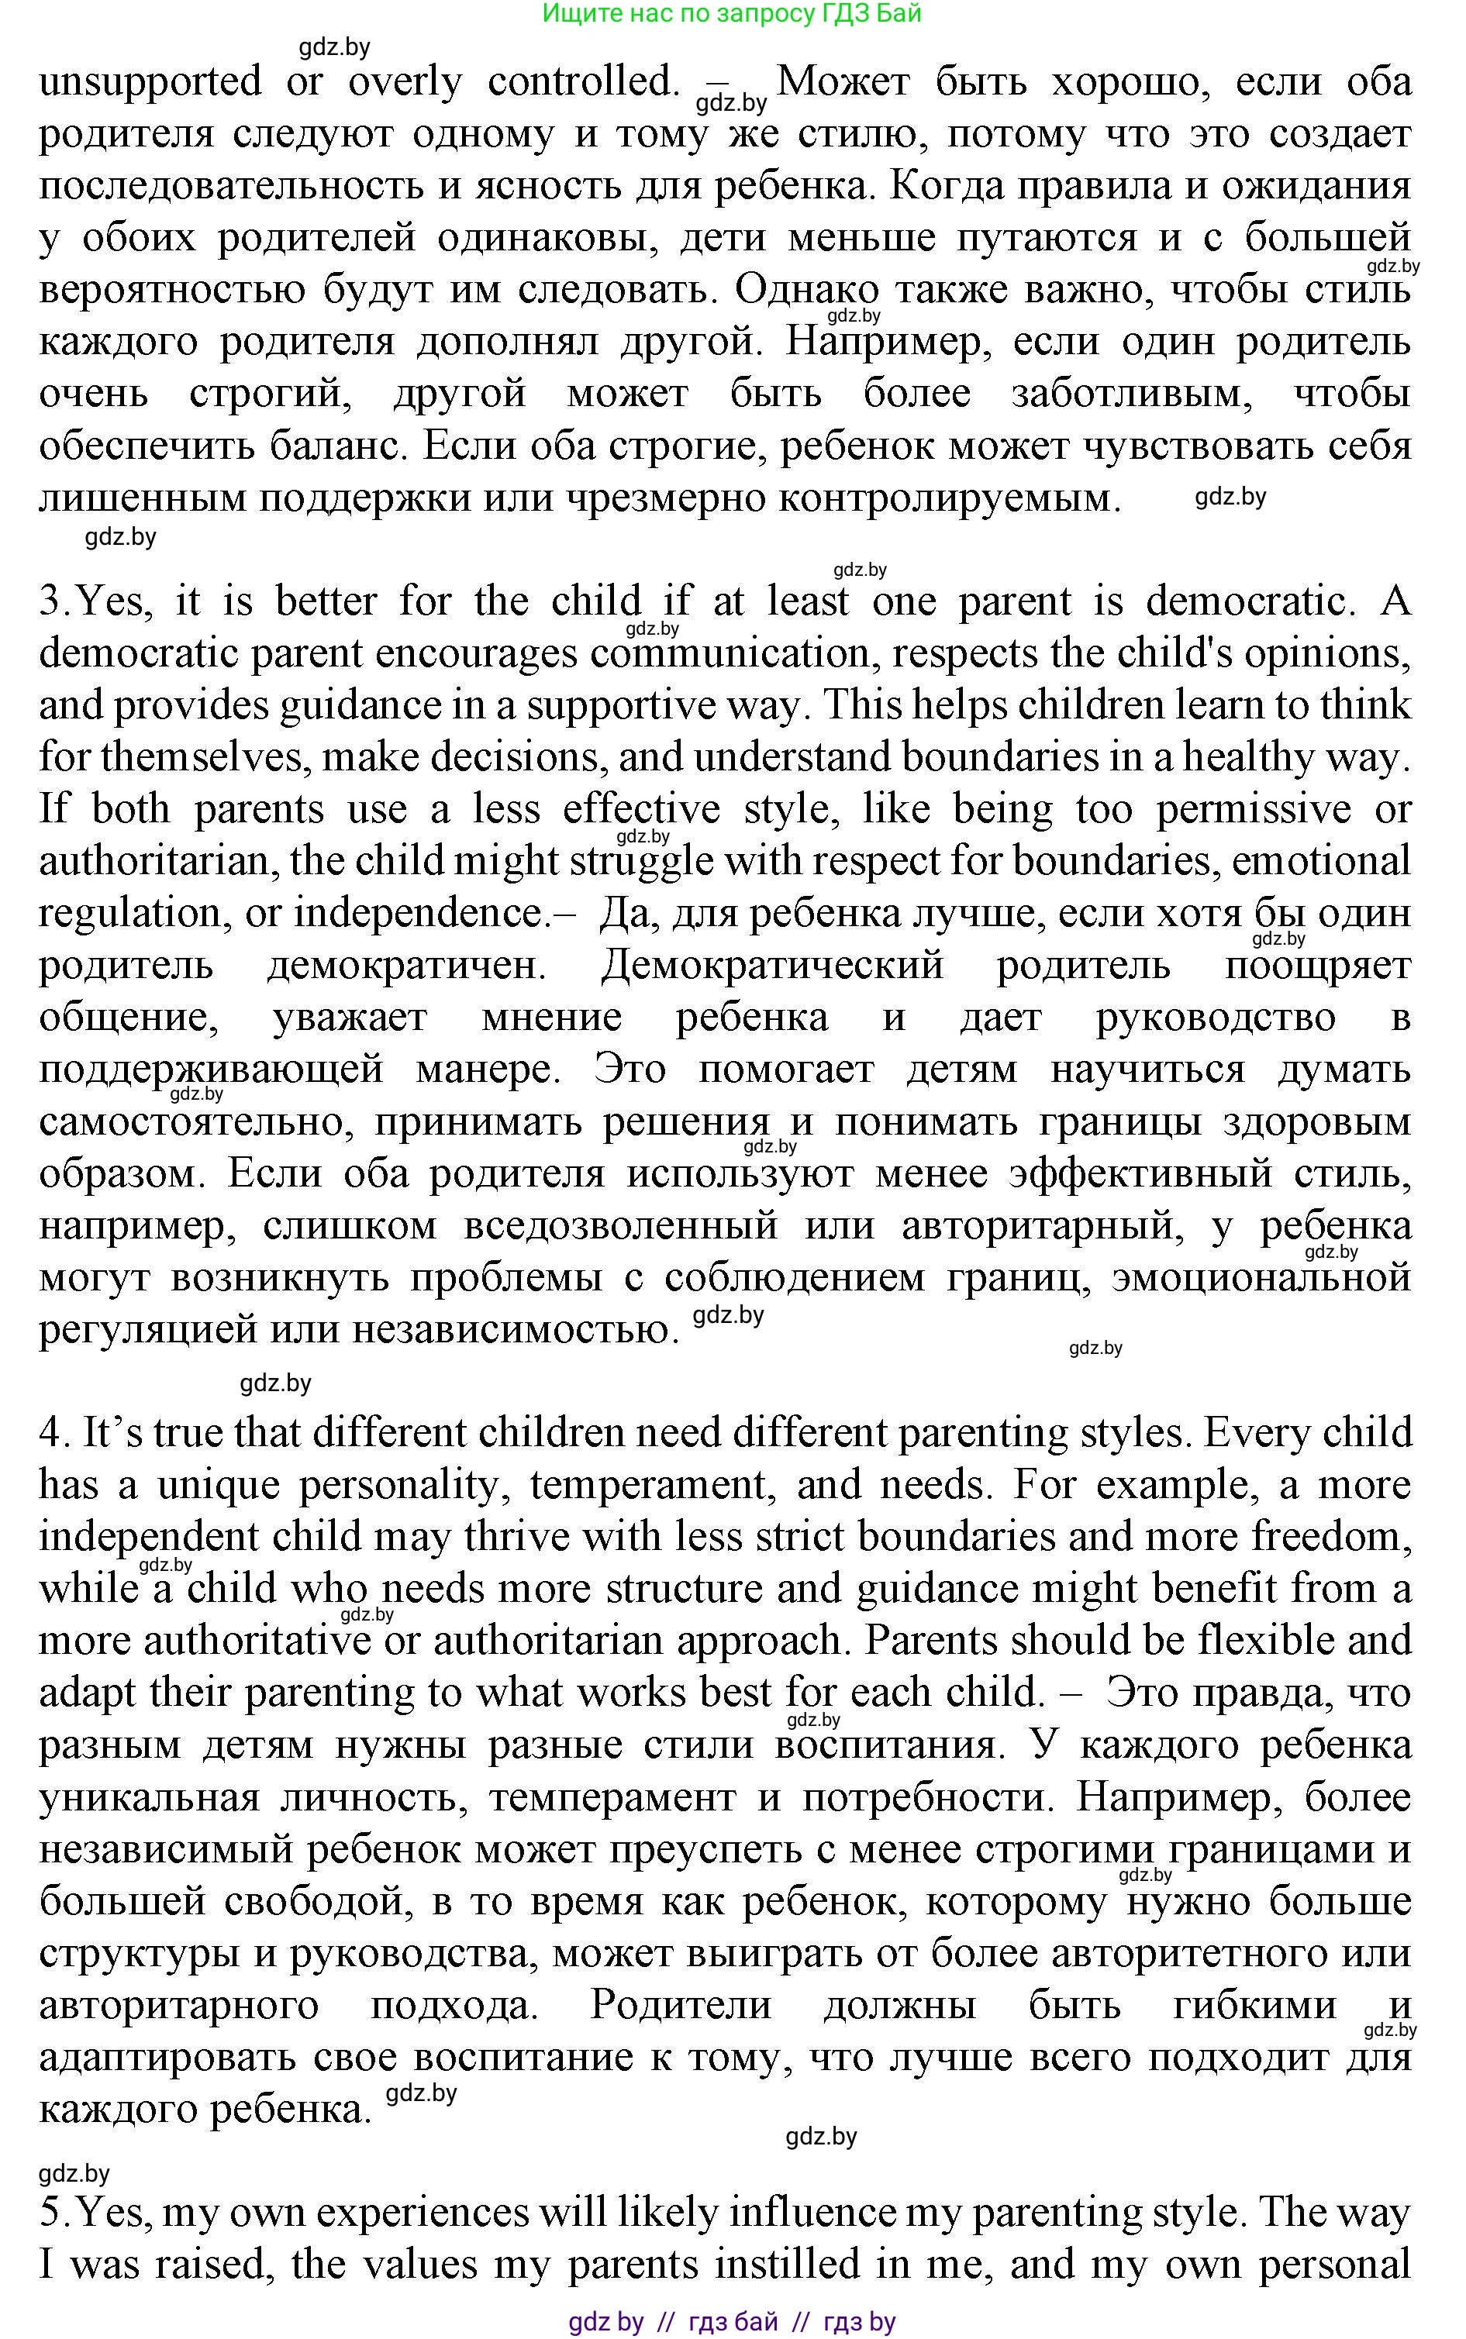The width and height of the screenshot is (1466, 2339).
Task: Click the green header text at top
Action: (x=732, y=14)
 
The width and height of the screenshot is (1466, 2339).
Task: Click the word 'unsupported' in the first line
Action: (x=150, y=82)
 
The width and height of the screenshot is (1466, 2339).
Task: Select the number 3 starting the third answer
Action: (x=50, y=602)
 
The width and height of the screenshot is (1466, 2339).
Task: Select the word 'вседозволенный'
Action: (x=620, y=1226)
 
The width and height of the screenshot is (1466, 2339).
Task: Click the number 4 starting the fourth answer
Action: (x=50, y=1434)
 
